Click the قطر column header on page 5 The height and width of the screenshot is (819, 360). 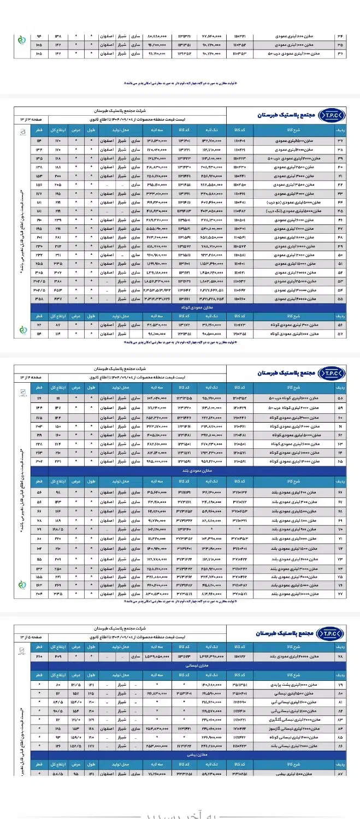tap(39, 646)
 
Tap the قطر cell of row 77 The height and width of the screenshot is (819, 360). tap(39, 593)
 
